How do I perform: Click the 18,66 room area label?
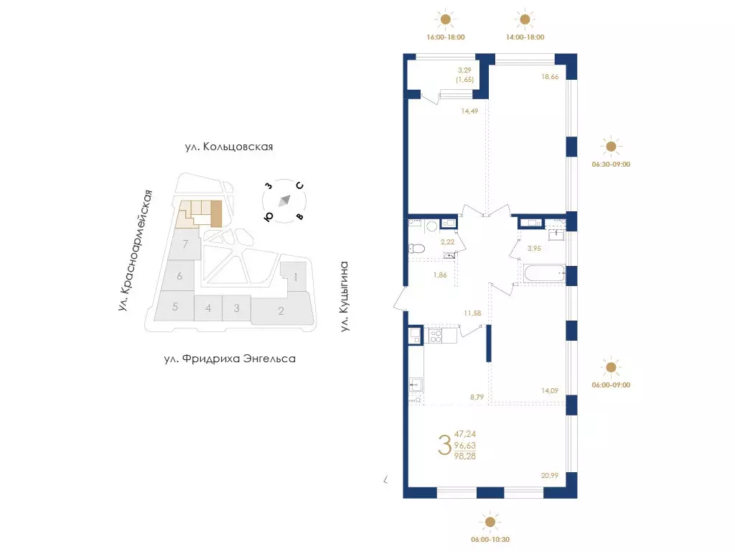click(550, 76)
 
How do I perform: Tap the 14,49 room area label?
click(469, 111)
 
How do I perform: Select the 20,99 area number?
click(549, 476)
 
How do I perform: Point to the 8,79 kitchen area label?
click(477, 397)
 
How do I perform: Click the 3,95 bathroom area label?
click(534, 248)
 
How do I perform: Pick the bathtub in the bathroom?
click(545, 274)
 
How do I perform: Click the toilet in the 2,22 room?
click(416, 248)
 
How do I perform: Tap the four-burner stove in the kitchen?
click(436, 336)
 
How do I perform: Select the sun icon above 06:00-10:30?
click(490, 522)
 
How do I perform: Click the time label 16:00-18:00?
click(445, 37)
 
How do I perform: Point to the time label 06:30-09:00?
click(611, 165)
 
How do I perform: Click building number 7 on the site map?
click(186, 244)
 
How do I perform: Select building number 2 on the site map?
click(281, 310)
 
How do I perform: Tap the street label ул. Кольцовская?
click(229, 147)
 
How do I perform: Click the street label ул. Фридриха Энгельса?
click(230, 359)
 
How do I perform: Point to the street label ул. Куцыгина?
click(345, 297)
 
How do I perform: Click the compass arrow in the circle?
click(284, 201)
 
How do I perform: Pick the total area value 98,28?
click(464, 456)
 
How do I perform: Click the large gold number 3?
click(444, 445)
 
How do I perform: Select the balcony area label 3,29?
click(464, 70)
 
